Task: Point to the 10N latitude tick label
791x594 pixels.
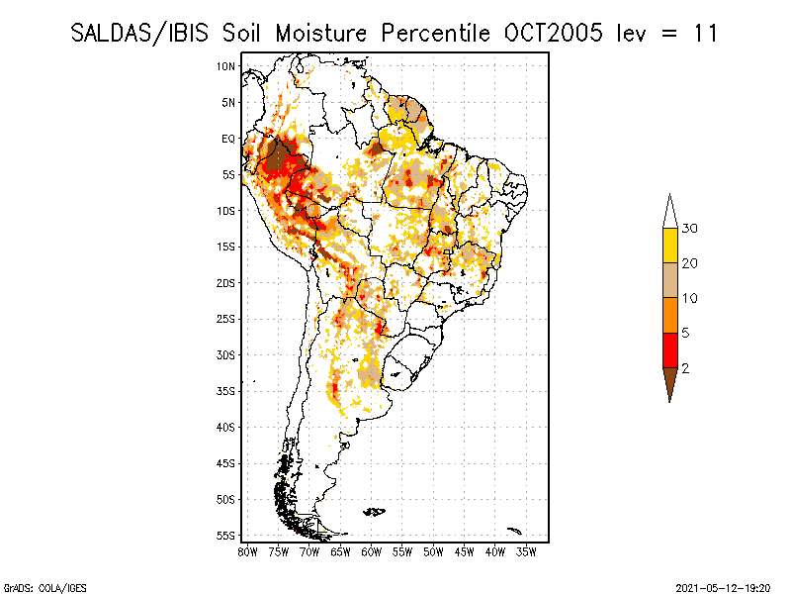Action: point(226,66)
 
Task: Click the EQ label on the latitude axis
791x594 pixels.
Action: point(227,139)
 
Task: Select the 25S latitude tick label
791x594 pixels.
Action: point(226,319)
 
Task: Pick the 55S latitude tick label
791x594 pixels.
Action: point(226,536)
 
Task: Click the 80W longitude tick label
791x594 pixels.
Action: point(247,550)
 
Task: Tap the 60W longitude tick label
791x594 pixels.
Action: point(372,550)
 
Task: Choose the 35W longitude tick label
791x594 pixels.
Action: point(527,550)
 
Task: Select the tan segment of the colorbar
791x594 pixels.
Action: point(669,280)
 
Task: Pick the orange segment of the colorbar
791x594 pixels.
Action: point(669,315)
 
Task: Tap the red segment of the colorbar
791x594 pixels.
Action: point(669,349)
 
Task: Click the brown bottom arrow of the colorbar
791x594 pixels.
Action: point(669,381)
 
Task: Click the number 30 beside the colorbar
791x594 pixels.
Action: point(690,229)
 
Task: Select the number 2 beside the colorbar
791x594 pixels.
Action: point(685,367)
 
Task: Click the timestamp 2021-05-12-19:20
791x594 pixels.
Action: point(724,585)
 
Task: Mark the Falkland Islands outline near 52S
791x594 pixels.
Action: point(374,511)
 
